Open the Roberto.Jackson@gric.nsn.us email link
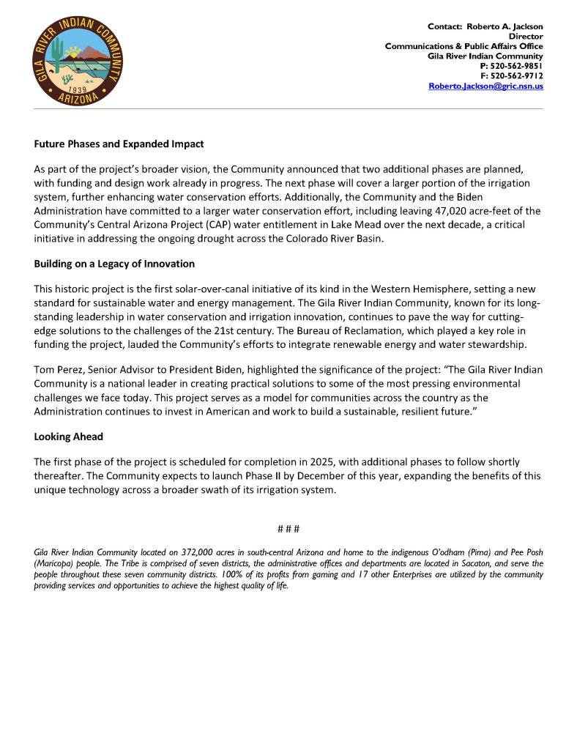[485, 86]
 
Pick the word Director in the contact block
[526, 36]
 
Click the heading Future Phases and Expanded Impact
[119, 144]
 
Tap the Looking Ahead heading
[68, 437]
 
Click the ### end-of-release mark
[288, 529]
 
